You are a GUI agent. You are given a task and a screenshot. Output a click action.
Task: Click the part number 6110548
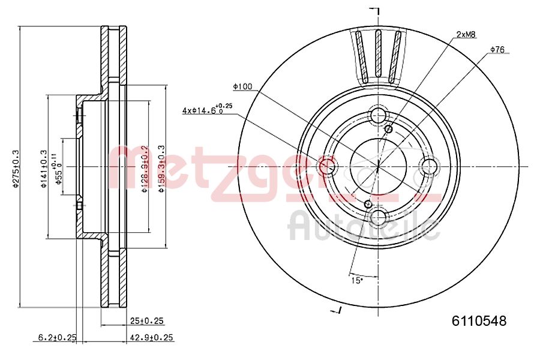click(479, 321)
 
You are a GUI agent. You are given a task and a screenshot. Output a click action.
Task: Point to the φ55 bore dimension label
click(58, 170)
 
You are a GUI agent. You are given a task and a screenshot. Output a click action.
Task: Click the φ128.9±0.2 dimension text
click(144, 167)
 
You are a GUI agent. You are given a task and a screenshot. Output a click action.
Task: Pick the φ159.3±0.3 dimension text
click(160, 168)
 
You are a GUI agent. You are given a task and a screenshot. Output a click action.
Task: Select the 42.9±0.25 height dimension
click(151, 338)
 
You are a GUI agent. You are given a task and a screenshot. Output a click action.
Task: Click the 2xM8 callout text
click(466, 35)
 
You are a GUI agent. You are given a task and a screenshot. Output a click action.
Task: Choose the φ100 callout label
click(242, 87)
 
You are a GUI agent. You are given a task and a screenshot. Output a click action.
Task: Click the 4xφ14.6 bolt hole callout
click(207, 110)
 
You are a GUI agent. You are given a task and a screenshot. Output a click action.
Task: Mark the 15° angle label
click(356, 280)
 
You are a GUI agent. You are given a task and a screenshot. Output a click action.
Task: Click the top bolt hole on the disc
click(379, 115)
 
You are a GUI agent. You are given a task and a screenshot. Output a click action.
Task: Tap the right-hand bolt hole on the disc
click(430, 166)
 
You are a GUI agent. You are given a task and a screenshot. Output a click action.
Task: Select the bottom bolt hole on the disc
click(379, 217)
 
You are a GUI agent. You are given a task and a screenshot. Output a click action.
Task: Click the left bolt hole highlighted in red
click(327, 166)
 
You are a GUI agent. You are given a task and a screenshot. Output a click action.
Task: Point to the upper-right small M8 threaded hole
click(388, 128)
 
